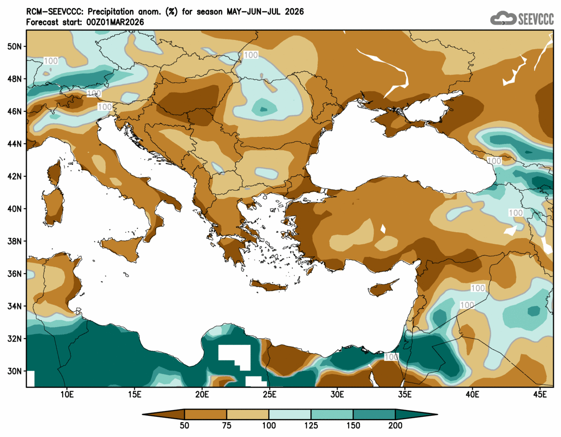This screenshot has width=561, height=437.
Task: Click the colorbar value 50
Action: point(184,425)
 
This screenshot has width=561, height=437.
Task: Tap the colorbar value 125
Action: point(311,425)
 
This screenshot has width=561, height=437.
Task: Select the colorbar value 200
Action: point(395,425)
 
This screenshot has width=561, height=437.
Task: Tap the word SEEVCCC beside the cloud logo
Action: point(536,19)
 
